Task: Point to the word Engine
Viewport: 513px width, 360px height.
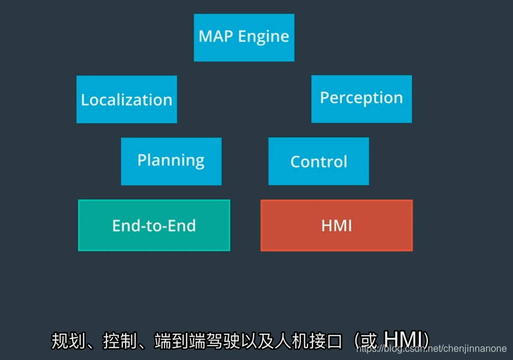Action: pos(264,37)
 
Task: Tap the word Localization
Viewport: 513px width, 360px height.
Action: pos(127,100)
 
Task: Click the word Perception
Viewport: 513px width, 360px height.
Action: pos(361,98)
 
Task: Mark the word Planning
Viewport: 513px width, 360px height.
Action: pos(171,160)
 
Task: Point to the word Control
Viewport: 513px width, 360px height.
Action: pos(318,162)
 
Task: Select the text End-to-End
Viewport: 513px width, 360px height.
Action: pos(154,225)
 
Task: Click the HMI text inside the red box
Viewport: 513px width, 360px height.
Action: pos(336,225)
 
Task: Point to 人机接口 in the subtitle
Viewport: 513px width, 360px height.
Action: pos(308,341)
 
